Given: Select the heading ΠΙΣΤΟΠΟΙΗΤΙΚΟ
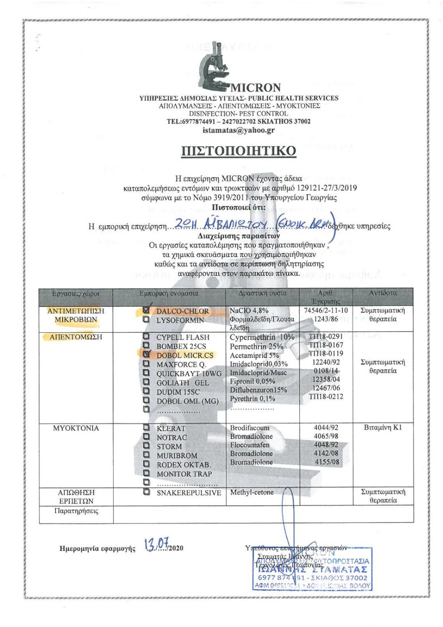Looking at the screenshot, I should [x=239, y=151].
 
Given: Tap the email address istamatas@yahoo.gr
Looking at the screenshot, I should [x=239, y=130].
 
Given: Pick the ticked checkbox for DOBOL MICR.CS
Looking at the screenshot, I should [x=146, y=354].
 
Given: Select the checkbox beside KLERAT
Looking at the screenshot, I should [x=146, y=428].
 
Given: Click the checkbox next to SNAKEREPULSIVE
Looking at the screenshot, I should [x=146, y=492].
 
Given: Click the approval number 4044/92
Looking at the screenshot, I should [x=326, y=427].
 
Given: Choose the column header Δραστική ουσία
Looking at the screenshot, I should [x=262, y=293].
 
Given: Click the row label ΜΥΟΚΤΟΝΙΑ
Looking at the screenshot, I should [x=76, y=428].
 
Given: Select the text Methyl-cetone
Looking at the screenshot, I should [x=251, y=492].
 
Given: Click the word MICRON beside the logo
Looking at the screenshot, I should [x=255, y=87].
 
